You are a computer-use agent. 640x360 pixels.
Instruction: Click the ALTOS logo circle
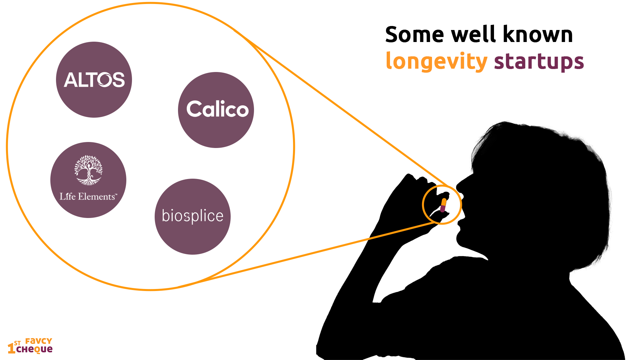pos(94,80)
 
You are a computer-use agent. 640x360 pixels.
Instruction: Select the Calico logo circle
pos(216,110)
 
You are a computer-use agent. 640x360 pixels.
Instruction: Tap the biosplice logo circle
pos(193,217)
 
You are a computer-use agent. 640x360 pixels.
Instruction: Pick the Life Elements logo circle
pos(88,180)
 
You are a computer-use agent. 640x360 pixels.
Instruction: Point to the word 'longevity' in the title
pos(436,62)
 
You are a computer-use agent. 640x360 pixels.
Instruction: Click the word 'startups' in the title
pos(539,62)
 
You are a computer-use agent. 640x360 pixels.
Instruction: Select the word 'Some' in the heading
pos(415,34)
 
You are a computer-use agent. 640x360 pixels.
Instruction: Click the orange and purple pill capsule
pos(443,205)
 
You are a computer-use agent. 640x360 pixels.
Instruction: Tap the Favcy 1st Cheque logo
pos(30,346)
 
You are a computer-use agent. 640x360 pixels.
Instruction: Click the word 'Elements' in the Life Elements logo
pos(97,197)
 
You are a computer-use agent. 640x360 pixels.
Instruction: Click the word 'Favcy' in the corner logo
pos(39,341)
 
